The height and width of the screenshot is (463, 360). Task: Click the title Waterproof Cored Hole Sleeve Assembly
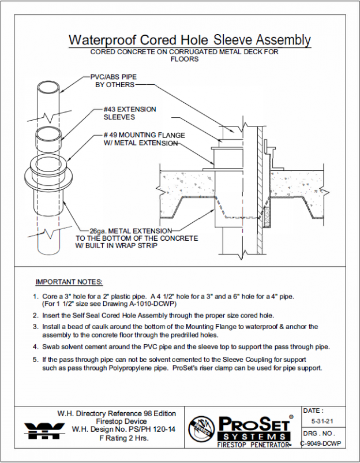coord(189,40)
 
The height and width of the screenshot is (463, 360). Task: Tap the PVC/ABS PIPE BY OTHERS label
coord(114,80)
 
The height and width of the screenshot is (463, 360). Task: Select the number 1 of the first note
coord(35,296)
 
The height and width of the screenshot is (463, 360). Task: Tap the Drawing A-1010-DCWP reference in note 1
coord(147,303)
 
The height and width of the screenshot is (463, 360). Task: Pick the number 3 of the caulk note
coord(35,327)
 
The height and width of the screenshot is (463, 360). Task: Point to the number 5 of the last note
coord(35,359)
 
